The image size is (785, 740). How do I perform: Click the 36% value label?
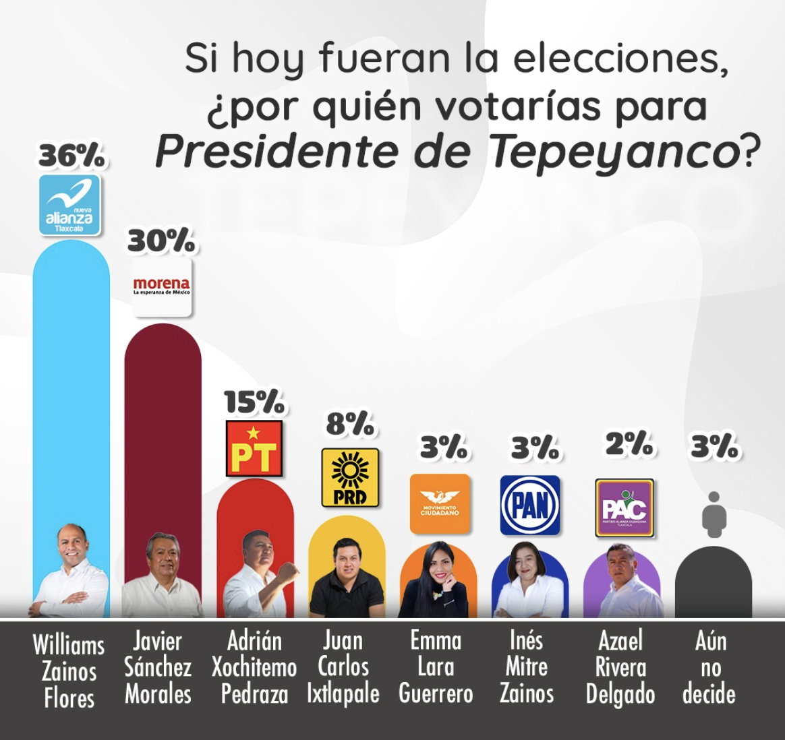pos(71,156)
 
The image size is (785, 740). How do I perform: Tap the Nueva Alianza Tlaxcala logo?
pos(69,205)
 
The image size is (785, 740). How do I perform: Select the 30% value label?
pos(161,241)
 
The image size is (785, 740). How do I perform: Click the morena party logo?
pos(162,288)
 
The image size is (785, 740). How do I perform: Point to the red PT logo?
pos(254,449)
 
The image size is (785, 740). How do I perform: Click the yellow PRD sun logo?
pos(349,477)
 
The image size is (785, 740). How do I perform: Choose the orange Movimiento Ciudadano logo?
pos(440,503)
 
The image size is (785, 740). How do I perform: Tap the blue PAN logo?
pos(530,505)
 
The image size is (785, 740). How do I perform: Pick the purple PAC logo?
pos(624,507)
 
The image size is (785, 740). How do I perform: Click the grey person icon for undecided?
pos(714,514)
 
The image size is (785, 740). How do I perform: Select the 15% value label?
pos(254,402)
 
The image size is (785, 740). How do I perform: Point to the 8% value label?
pos(349,424)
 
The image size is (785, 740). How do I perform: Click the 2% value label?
pos(629,444)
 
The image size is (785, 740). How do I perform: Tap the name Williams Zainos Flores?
pos(69,671)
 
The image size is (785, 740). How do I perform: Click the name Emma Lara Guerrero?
pos(436,667)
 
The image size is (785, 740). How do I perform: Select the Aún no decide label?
pos(709,667)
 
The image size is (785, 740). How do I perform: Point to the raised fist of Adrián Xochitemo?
pos(289,570)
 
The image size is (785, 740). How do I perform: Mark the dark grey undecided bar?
pos(714,586)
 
